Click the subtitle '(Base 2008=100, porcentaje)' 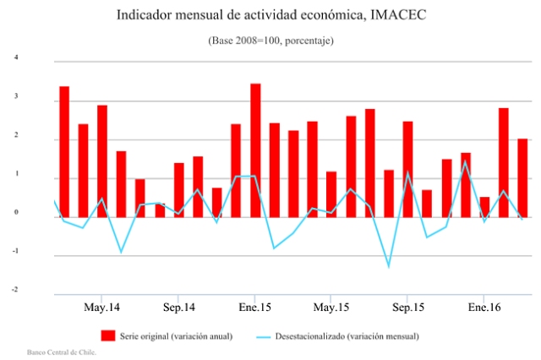[x=270, y=41]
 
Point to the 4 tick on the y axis [x=15, y=57]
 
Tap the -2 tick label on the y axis [x=14, y=290]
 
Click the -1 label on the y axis [x=14, y=252]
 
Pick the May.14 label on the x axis [x=102, y=306]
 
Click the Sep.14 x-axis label [x=179, y=306]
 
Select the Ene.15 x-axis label [x=254, y=306]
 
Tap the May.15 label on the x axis [x=331, y=306]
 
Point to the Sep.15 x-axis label [x=407, y=306]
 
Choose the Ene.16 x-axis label [x=483, y=306]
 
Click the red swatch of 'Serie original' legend [x=107, y=335]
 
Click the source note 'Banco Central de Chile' [x=61, y=352]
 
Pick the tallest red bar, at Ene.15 [x=255, y=150]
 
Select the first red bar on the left [x=64, y=152]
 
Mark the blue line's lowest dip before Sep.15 [x=389, y=267]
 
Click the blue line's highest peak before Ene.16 [x=465, y=161]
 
